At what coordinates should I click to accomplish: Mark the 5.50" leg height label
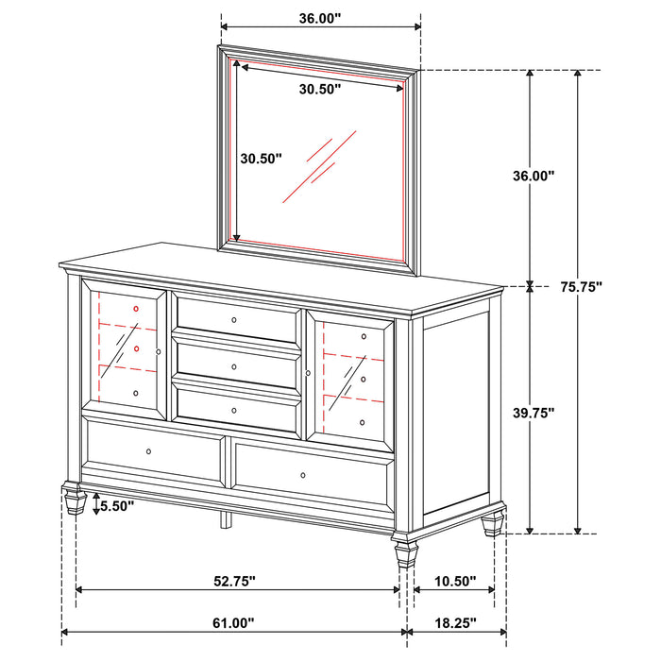click(x=116, y=506)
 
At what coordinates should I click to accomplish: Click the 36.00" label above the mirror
click(x=319, y=18)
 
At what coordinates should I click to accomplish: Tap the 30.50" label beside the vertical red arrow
click(x=260, y=160)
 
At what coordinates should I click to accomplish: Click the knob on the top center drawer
click(x=233, y=320)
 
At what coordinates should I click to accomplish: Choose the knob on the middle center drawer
click(x=233, y=365)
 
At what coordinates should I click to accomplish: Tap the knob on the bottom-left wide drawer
click(x=148, y=453)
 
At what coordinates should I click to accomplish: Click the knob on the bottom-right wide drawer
click(x=303, y=475)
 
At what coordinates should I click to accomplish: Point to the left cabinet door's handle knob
click(x=159, y=351)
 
